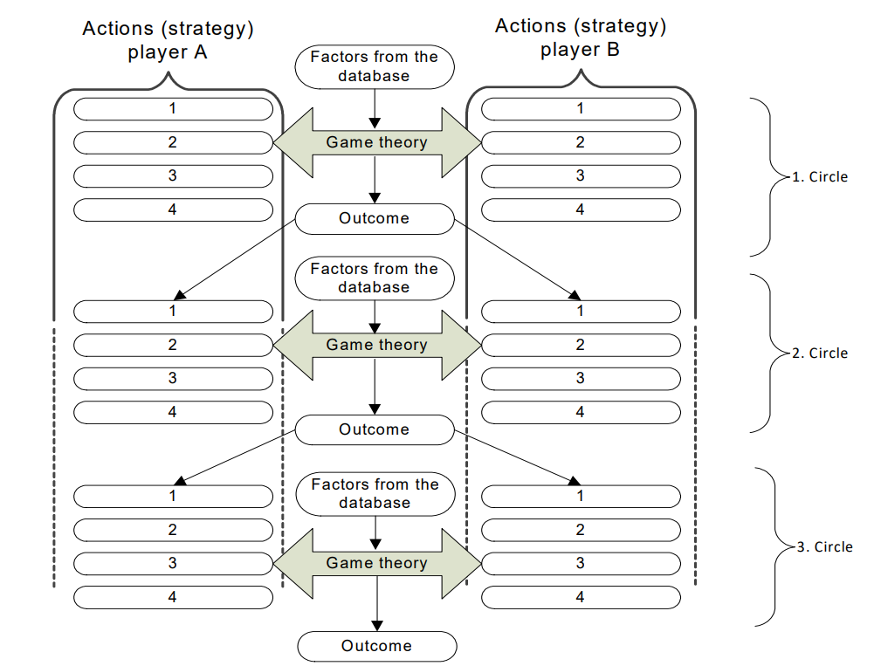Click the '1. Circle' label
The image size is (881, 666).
(820, 177)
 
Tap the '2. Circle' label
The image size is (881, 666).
(820, 354)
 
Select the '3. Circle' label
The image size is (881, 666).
(825, 547)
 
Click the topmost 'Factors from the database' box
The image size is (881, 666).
(375, 67)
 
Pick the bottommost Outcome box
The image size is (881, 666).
(377, 646)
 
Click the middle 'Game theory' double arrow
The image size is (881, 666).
(377, 345)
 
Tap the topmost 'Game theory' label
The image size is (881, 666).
(377, 142)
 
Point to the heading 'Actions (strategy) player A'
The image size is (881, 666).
(168, 40)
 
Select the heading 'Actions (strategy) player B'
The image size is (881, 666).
(581, 38)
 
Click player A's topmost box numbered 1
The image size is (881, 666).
(173, 109)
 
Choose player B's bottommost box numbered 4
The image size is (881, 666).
(581, 598)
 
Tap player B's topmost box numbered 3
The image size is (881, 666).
(581, 176)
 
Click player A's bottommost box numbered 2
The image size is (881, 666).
(173, 530)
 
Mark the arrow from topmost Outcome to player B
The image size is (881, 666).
(518, 259)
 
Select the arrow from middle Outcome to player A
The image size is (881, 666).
(235, 457)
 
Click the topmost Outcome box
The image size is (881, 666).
(375, 219)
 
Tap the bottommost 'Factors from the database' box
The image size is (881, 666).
(375, 494)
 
